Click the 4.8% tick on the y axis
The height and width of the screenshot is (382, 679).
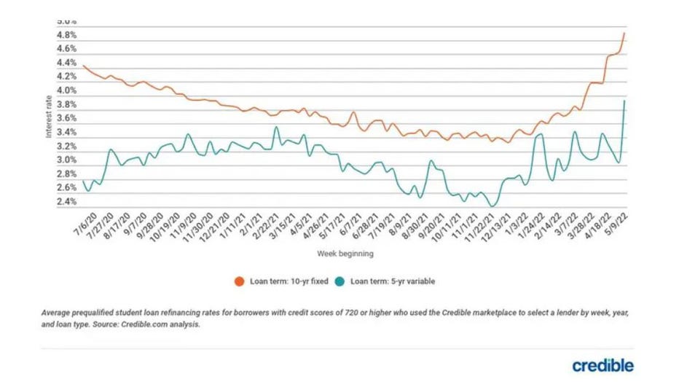(x=67, y=35)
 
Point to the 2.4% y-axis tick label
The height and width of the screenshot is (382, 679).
(x=67, y=202)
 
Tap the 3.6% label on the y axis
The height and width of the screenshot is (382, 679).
(x=67, y=118)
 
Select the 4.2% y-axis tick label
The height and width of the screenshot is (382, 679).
(x=67, y=77)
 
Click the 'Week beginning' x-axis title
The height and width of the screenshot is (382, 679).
(x=345, y=254)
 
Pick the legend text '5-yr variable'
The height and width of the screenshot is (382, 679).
(x=413, y=281)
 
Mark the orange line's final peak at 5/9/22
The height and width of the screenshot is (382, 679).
(x=624, y=34)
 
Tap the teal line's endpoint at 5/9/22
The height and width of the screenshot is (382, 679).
(x=624, y=101)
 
